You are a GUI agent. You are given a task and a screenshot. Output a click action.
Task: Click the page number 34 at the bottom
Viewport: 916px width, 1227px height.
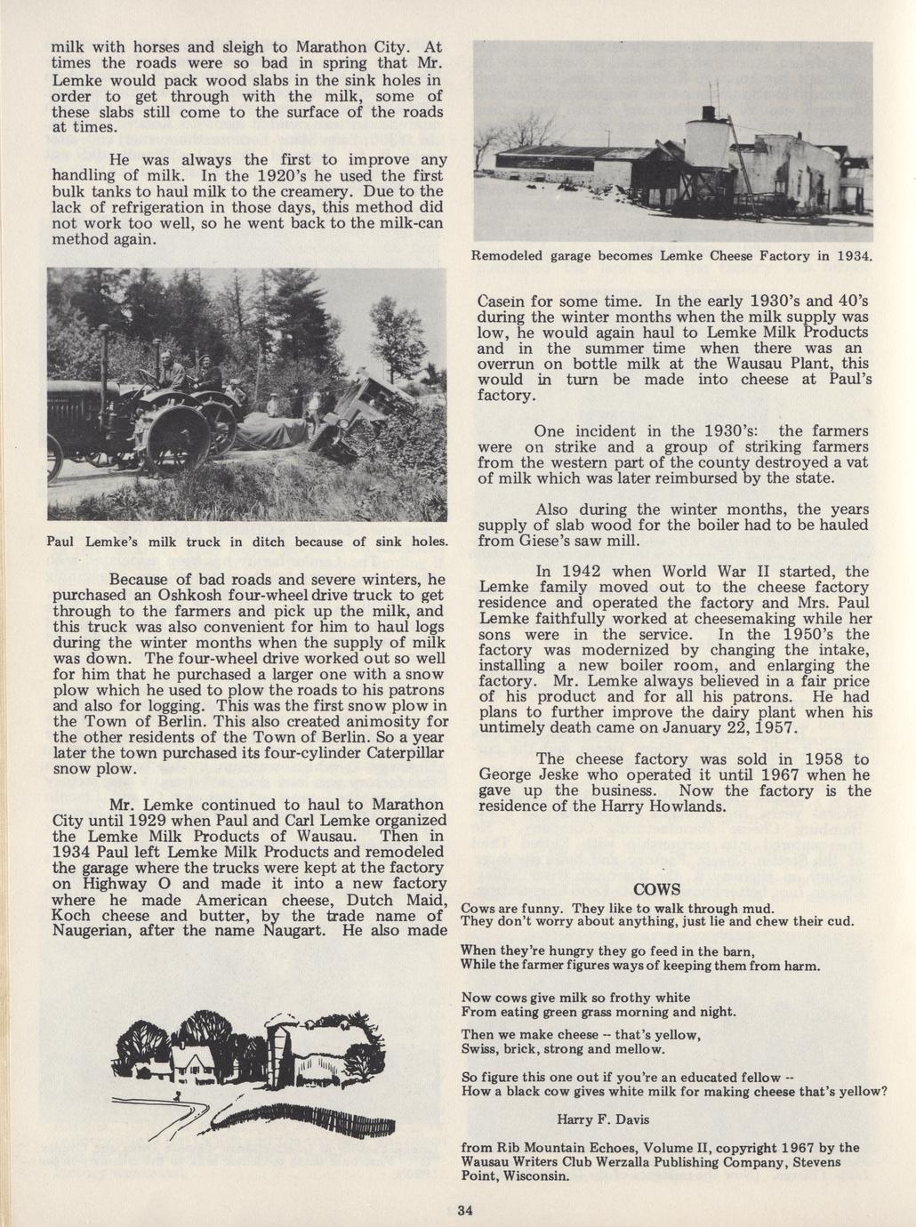463,1209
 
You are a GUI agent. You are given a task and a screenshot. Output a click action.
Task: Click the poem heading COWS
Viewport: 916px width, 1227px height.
657,890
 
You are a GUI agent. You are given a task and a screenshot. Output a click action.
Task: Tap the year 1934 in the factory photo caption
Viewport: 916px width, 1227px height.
851,256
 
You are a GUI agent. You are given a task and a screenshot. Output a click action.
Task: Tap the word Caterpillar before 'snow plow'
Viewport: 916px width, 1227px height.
394,752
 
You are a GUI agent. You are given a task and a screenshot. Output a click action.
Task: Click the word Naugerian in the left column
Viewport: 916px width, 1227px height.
94,931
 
